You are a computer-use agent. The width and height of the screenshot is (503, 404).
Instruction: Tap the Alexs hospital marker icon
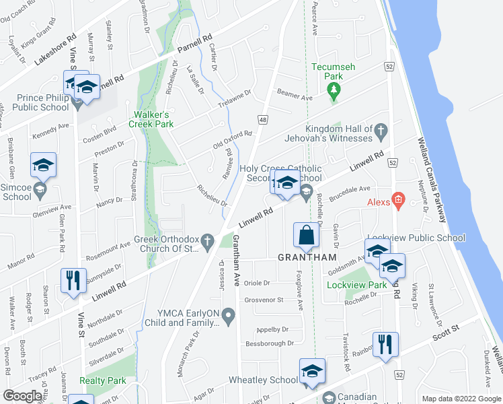pos(398,199)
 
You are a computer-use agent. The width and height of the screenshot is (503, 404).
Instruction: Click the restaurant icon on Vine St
pos(73,281)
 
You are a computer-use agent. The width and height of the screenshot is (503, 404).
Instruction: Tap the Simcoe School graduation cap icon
pos(43,166)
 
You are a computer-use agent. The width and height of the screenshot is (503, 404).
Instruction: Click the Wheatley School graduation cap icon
pos(312,371)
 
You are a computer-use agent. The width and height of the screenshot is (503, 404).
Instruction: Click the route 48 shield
pos(263,119)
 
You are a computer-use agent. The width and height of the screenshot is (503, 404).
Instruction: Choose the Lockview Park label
pos(347,285)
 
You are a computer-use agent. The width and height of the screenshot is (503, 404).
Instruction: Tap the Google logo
pos(23,395)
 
